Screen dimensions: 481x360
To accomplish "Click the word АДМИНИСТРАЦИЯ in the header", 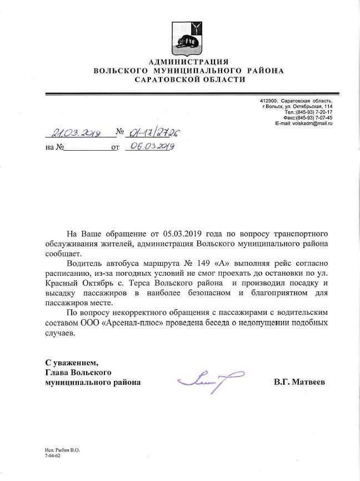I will click(x=188, y=61).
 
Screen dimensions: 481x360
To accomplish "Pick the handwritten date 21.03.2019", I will click(x=75, y=133).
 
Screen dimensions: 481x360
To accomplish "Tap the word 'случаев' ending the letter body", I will click(x=59, y=333).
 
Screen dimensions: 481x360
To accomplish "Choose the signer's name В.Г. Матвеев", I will click(x=299, y=383).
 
